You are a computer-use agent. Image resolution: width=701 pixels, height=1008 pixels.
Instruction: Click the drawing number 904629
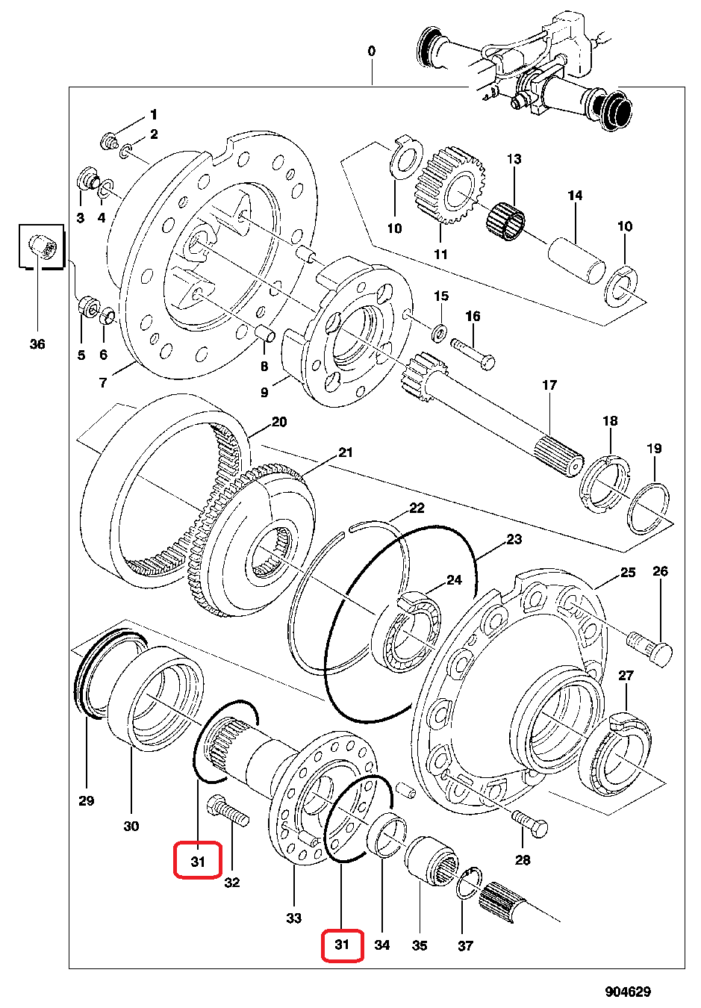pyautogui.click(x=628, y=992)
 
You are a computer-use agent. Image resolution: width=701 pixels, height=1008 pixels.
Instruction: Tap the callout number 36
pyautogui.click(x=37, y=344)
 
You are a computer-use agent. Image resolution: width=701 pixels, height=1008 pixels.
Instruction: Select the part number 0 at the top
pyautogui.click(x=372, y=51)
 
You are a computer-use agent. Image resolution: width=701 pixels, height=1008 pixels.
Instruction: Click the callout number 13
pyautogui.click(x=514, y=159)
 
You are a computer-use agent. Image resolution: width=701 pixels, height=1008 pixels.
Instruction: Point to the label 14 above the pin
pyautogui.click(x=574, y=196)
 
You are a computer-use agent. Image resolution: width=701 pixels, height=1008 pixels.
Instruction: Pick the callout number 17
pyautogui.click(x=549, y=385)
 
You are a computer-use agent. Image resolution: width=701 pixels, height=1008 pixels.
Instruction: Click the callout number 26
pyautogui.click(x=660, y=572)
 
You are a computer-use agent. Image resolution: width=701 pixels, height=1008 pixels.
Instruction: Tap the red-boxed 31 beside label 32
pyautogui.click(x=198, y=861)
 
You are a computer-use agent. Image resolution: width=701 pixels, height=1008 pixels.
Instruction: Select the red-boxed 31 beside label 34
pyautogui.click(x=342, y=945)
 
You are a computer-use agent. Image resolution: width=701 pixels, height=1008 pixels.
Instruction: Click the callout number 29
pyautogui.click(x=87, y=800)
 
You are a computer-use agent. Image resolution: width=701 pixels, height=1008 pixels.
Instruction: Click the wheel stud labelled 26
pyautogui.click(x=650, y=647)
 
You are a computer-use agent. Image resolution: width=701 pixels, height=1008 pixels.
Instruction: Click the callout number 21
pyautogui.click(x=345, y=452)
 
